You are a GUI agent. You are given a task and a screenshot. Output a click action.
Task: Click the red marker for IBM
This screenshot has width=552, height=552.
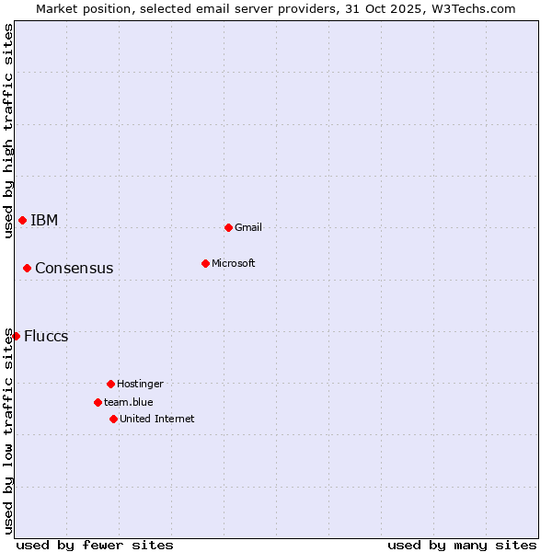click(22, 220)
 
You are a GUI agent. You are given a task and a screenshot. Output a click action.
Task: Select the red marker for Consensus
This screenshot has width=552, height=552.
click(27, 268)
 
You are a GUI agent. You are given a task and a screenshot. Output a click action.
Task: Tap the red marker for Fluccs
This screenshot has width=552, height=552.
click(16, 336)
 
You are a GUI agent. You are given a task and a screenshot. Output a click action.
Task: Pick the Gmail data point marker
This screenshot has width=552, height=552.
click(228, 227)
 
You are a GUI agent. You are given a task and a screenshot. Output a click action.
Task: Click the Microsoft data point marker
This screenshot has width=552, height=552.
click(205, 263)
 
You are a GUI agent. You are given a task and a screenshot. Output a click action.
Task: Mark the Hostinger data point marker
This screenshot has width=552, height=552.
click(110, 384)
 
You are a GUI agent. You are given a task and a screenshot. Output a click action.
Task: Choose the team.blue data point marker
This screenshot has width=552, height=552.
click(98, 402)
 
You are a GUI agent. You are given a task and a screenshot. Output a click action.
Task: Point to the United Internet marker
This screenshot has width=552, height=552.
click(113, 419)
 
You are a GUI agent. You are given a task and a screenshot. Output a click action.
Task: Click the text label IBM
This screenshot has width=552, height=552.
click(44, 220)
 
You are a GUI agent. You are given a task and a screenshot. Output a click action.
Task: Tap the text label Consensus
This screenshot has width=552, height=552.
click(75, 268)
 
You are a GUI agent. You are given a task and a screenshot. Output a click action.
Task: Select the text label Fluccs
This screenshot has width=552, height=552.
click(46, 336)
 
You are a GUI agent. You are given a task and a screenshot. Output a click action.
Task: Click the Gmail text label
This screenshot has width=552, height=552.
click(248, 227)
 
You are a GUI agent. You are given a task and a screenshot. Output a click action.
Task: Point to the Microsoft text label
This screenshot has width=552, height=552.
click(234, 263)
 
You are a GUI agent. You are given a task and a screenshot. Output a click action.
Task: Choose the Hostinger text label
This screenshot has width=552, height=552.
click(140, 384)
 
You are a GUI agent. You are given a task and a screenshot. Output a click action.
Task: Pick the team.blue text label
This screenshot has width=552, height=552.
click(129, 402)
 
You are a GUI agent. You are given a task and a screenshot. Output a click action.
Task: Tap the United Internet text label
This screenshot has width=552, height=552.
click(157, 419)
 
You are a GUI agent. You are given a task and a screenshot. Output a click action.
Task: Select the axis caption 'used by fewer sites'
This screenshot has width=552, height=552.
click(95, 545)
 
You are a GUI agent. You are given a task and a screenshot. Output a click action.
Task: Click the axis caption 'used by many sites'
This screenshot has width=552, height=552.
click(462, 545)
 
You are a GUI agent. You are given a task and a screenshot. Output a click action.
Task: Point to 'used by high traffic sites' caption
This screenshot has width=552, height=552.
click(8, 131)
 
